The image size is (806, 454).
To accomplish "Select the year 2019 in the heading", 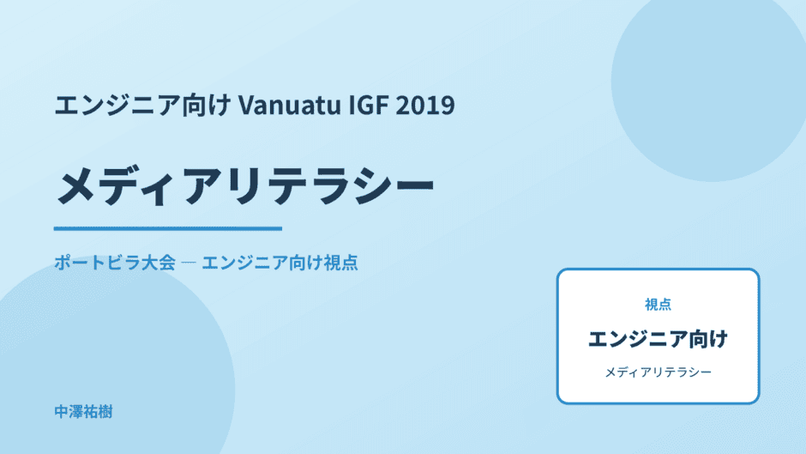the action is click(425, 105).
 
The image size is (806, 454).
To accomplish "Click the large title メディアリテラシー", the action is click(245, 185).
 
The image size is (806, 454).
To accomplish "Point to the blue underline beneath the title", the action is click(168, 228).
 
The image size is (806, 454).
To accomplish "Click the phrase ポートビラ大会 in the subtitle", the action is click(115, 263).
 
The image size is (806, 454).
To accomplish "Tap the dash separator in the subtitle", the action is click(189, 263).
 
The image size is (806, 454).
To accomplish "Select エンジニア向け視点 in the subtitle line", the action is click(280, 263).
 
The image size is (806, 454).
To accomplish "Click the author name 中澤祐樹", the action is click(83, 412).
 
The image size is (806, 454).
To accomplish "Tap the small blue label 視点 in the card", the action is click(658, 305).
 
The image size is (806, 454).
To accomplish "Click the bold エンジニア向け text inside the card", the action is click(658, 339).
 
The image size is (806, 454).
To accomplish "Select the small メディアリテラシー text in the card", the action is click(658, 372).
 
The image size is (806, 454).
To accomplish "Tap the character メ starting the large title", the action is click(76, 186).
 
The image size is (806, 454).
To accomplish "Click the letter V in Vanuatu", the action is click(246, 106).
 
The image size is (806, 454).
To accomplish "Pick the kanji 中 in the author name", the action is click(62, 412).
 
